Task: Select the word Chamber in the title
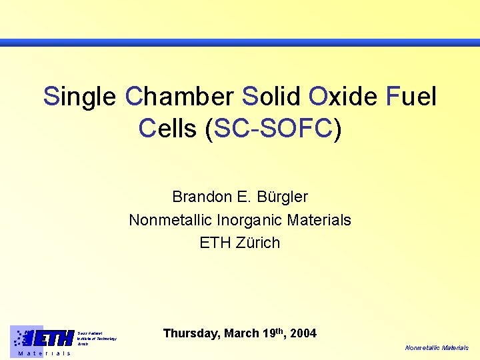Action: click(179, 97)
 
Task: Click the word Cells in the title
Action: click(169, 128)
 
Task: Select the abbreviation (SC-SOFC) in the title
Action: click(274, 128)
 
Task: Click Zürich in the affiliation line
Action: click(257, 242)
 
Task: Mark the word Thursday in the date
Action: click(191, 333)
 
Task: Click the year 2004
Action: click(303, 333)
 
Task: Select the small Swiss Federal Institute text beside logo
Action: click(97, 338)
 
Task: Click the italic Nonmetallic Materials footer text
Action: click(437, 348)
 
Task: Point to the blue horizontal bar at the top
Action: click(240, 43)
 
